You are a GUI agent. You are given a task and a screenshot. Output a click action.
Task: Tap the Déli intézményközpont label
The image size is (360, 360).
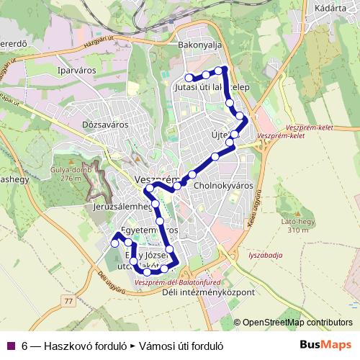click(x=210, y=293)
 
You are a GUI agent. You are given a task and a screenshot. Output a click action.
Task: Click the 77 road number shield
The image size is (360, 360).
click(x=68, y=300)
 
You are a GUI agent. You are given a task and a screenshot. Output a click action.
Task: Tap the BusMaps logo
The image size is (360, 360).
click(x=326, y=345)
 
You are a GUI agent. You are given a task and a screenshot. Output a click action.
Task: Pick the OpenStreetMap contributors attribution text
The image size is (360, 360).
click(x=298, y=323)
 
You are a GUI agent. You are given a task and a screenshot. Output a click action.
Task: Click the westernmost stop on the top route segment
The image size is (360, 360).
click(x=189, y=78)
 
